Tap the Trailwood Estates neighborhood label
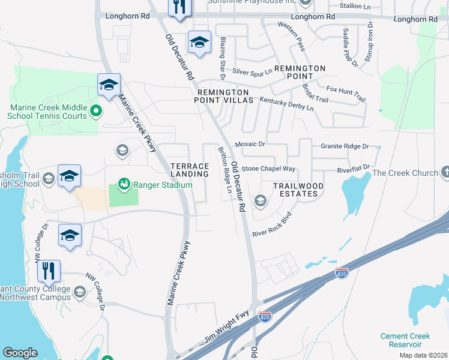pyautogui.click(x=298, y=190)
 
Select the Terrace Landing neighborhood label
pyautogui.click(x=190, y=170)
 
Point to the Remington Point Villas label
pyautogui.click(x=223, y=97)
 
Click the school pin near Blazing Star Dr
pyautogui.click(x=199, y=42)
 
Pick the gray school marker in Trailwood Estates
pyautogui.click(x=260, y=199)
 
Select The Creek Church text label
pyautogui.click(x=405, y=173)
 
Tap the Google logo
pyautogui.click(x=20, y=353)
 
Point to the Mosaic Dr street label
pyautogui.click(x=250, y=144)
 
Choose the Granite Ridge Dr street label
pyautogui.click(x=344, y=146)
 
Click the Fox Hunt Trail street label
pyautogui.click(x=346, y=94)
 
